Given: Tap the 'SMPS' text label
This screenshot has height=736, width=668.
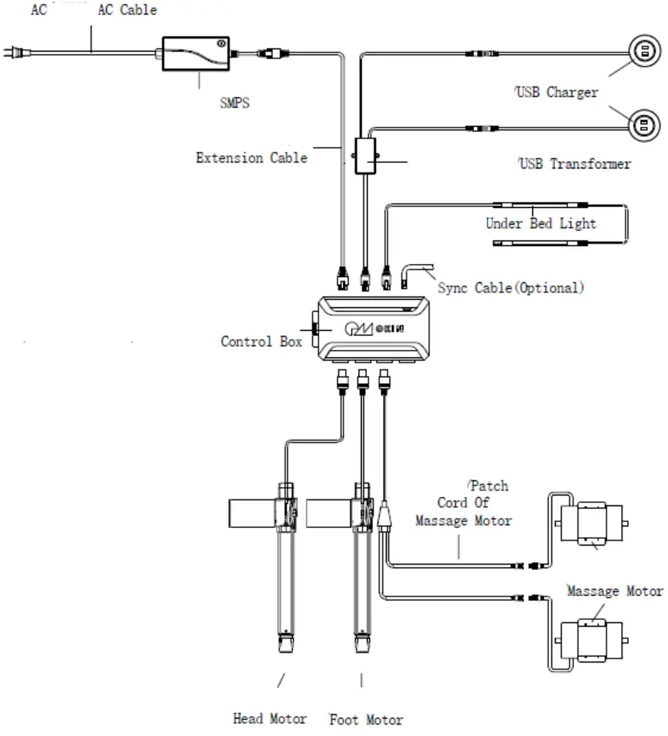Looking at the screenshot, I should [x=234, y=103].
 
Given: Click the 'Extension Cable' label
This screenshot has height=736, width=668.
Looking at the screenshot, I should [x=252, y=158].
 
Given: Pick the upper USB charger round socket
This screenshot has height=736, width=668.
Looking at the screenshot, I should [x=644, y=52].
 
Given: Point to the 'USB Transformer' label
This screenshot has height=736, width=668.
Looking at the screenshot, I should [x=575, y=164].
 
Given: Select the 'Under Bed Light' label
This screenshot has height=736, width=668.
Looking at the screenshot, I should [x=541, y=223].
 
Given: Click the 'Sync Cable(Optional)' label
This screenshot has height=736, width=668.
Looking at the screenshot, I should [x=511, y=288].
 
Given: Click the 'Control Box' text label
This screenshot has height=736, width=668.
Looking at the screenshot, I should [x=261, y=341].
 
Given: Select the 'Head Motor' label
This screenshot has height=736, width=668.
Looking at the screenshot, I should [x=269, y=718].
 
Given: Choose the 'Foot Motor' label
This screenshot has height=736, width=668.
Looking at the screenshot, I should [x=366, y=719].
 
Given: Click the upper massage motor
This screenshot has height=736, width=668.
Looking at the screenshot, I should [x=590, y=522].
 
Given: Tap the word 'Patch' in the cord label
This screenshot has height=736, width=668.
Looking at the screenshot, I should [x=489, y=486].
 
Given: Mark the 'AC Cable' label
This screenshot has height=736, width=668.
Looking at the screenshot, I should [x=127, y=10].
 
